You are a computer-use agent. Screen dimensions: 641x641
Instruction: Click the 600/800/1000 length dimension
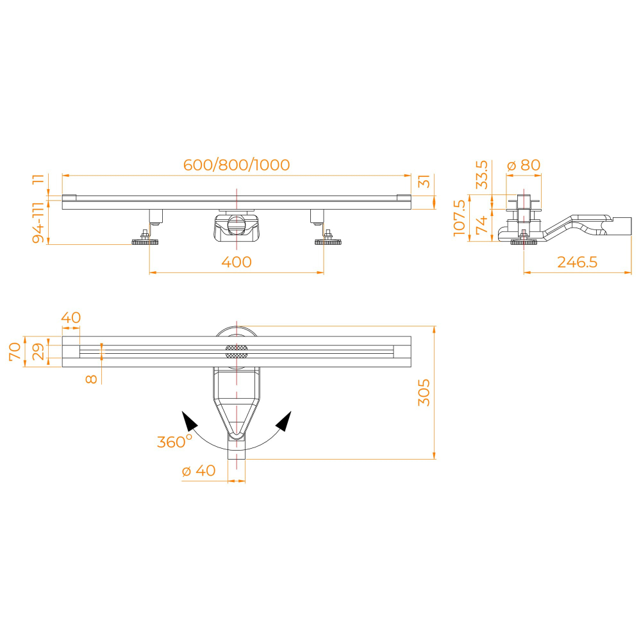[x=237, y=165]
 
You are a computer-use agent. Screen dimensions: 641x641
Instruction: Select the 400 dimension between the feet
[x=237, y=262]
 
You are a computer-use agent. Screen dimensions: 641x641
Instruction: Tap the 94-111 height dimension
[x=38, y=222]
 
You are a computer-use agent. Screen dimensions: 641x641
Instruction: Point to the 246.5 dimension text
[x=578, y=262]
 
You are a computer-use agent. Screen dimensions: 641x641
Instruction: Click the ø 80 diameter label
[x=524, y=165]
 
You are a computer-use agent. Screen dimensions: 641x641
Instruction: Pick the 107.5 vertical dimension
[x=460, y=218]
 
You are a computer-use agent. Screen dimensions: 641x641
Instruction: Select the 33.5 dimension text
[x=482, y=174]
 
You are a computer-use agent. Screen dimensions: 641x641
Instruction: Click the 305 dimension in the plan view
[x=424, y=392]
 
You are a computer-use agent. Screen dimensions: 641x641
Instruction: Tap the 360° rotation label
[x=174, y=442]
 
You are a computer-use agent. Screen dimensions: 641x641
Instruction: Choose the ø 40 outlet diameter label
[x=199, y=470]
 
